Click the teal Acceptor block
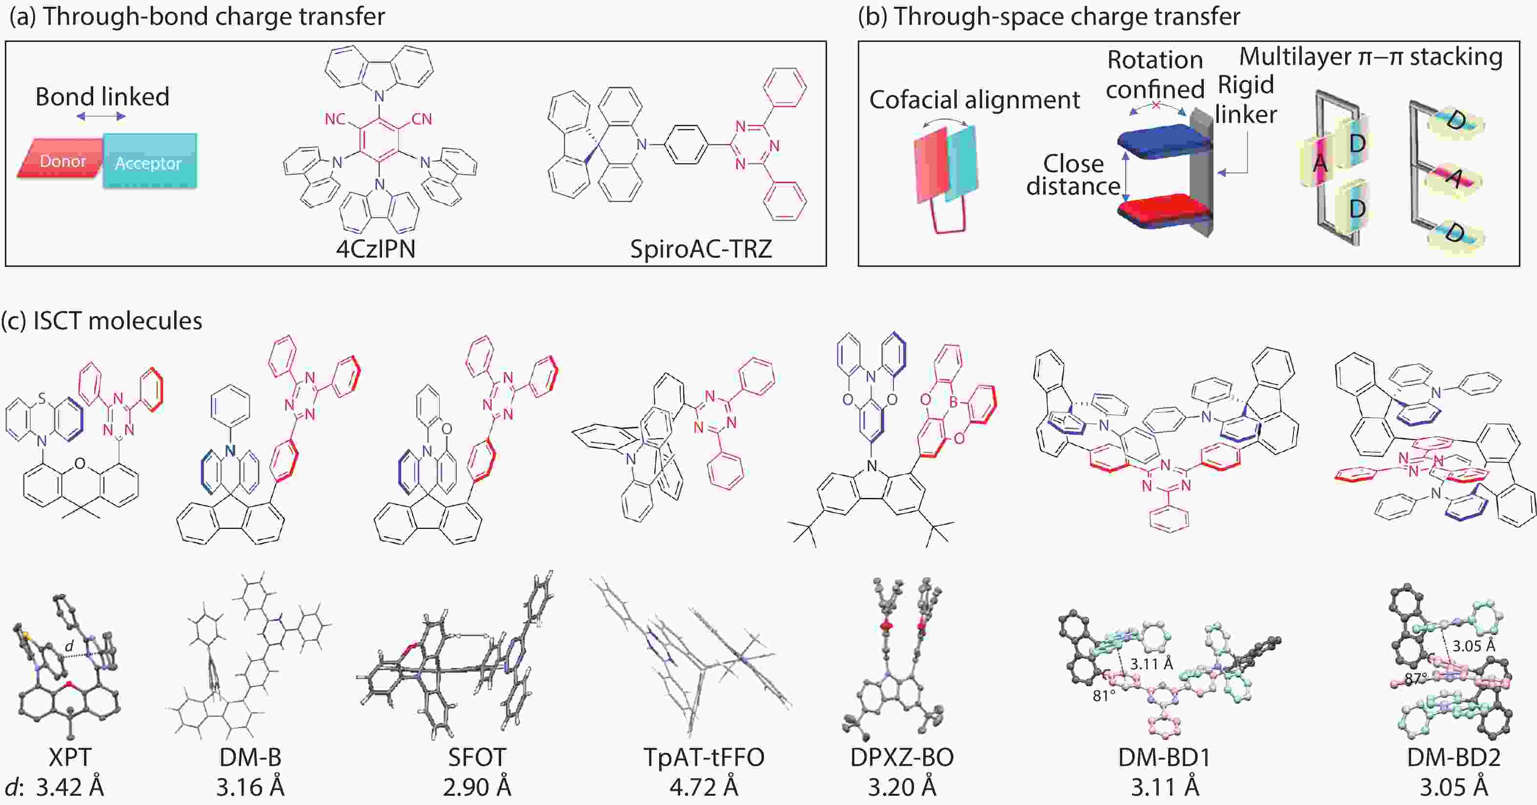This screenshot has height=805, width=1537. (150, 161)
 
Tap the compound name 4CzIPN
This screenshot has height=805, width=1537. (376, 249)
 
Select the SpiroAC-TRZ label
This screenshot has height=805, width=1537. (701, 249)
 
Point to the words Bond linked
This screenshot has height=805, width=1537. (102, 97)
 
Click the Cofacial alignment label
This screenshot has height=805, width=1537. (974, 100)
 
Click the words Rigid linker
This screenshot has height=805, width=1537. (1246, 100)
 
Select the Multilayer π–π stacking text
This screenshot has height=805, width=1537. (1371, 57)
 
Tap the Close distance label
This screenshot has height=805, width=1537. (1073, 175)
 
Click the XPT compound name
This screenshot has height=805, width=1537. (70, 757)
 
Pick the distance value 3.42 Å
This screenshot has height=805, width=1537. (70, 788)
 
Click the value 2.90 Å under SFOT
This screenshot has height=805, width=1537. (477, 788)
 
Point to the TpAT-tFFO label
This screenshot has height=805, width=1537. (704, 757)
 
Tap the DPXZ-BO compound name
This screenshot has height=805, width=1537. (902, 757)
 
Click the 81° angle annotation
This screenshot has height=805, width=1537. (1104, 696)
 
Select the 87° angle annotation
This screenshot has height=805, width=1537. (1416, 679)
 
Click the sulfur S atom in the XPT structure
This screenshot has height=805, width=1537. (41, 397)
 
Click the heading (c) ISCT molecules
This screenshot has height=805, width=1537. (101, 321)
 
